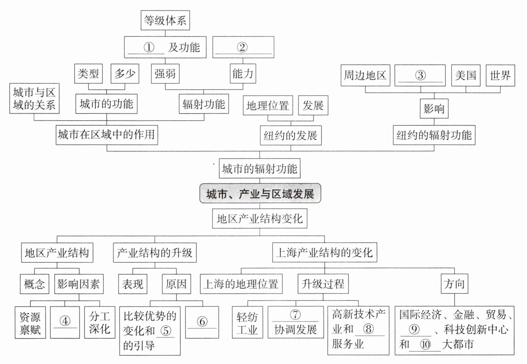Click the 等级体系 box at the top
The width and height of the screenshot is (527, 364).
pos(165,20)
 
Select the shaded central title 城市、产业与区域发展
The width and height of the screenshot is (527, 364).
pos(260,194)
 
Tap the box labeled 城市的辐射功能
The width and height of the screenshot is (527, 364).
pos(260,168)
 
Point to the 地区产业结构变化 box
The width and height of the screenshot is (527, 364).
pos(260,218)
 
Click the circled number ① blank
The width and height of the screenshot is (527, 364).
pos(149,47)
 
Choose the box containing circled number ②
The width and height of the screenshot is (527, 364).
pos(243,47)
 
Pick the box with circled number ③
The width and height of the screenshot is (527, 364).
pos(420,75)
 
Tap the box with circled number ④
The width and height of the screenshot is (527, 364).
pos(65,322)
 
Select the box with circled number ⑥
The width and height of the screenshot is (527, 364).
pos(202,322)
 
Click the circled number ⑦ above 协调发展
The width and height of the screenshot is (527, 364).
pos(295,314)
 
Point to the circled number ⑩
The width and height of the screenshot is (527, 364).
pos(425,344)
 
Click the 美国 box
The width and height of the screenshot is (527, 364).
pos(466,75)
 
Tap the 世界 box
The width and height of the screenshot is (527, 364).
pos(500,75)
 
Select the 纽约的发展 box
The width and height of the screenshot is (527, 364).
pos(291,135)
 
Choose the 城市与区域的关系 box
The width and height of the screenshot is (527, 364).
pos(34,98)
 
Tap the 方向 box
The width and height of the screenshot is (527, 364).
pos(454,284)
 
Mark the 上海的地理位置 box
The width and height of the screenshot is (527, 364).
pos(241,284)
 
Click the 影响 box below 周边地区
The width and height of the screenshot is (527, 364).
pos(434,109)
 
